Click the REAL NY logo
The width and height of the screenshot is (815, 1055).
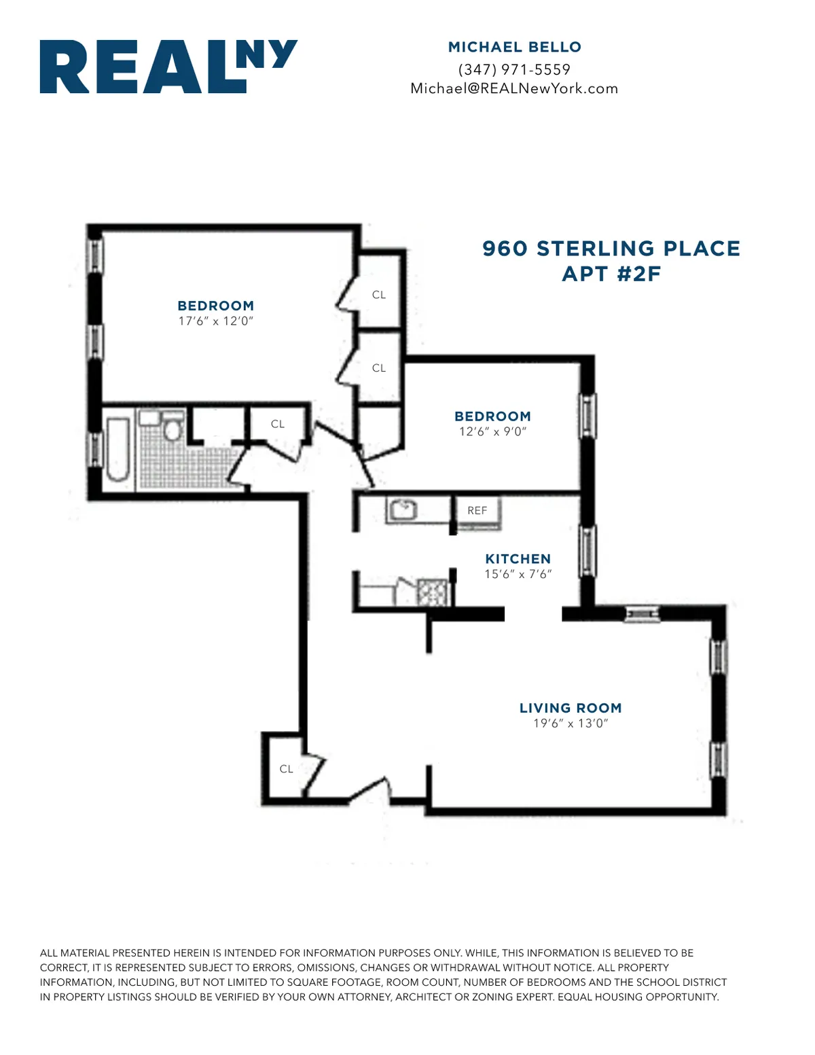coord(168,67)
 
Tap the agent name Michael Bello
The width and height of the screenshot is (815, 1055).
coord(514,47)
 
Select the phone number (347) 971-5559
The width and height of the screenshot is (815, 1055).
coord(514,69)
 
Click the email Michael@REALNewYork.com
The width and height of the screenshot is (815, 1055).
coord(514,88)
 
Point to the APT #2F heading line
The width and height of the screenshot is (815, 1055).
coord(611,274)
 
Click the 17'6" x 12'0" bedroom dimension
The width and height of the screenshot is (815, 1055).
coord(215,321)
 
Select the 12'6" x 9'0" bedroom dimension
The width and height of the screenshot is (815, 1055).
coord(492,431)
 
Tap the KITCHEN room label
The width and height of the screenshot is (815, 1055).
coord(518,559)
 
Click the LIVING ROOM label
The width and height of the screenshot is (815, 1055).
coord(570,708)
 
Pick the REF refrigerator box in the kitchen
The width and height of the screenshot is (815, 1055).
coord(477,511)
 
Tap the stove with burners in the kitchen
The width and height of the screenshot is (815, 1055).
coord(433,592)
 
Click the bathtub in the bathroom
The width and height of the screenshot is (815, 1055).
coord(117,450)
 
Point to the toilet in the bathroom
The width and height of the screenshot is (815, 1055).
coord(172,427)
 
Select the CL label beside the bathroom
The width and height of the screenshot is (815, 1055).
coord(277,424)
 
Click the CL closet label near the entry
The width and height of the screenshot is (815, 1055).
coord(286,769)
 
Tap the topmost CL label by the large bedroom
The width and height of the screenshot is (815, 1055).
coord(378,295)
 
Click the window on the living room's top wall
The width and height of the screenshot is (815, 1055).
coord(642,614)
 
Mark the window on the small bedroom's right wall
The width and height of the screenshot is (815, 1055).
coord(587,416)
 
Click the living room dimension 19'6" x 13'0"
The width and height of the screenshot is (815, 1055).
coord(570,723)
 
